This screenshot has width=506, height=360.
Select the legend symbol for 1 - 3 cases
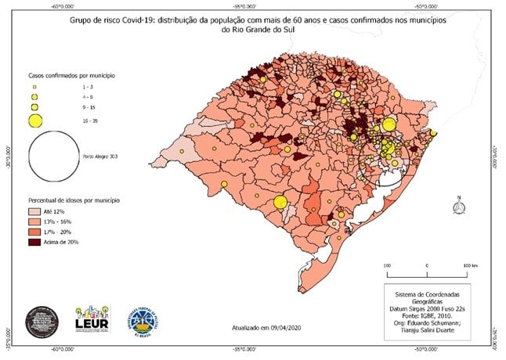tap(34, 85)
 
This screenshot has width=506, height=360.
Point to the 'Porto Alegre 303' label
tap(99, 155)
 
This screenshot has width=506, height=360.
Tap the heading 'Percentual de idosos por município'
tap(74, 200)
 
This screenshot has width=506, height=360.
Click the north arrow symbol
tap(459, 205)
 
